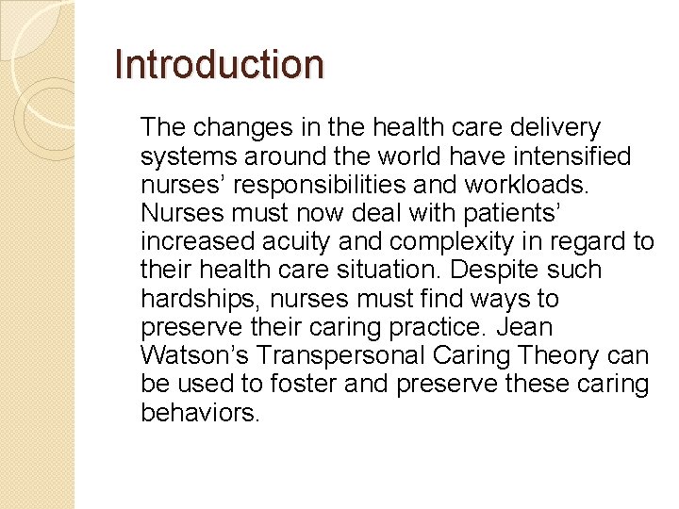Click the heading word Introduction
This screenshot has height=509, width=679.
click(x=219, y=64)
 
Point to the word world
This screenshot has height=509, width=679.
click(x=381, y=156)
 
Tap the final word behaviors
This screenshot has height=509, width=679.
click(x=200, y=414)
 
